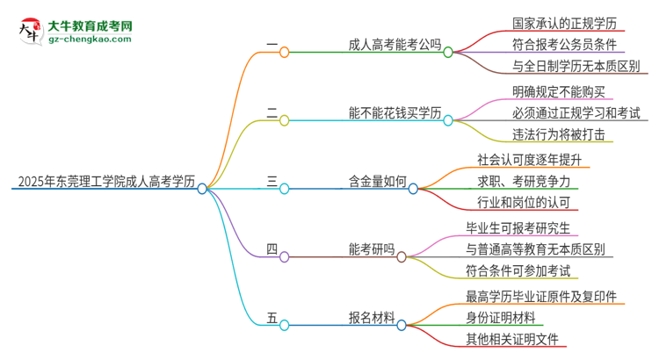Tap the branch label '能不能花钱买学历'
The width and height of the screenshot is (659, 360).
pyautogui.click(x=395, y=114)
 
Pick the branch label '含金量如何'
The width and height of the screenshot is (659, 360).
pyautogui.click(x=378, y=182)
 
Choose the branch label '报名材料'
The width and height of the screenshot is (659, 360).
pyautogui.click(x=371, y=318)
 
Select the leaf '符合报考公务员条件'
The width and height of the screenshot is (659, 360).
pyautogui.click(x=563, y=43)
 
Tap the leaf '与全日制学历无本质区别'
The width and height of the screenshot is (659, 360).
pyautogui.click(x=576, y=66)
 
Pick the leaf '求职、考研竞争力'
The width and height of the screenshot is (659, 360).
pyautogui.click(x=523, y=181)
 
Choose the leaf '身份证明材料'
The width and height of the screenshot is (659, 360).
pyautogui.click(x=510, y=317)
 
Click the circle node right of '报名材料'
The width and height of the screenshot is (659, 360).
pyautogui.click(x=402, y=325)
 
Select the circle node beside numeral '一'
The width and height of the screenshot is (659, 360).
pyautogui.click(x=284, y=52)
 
